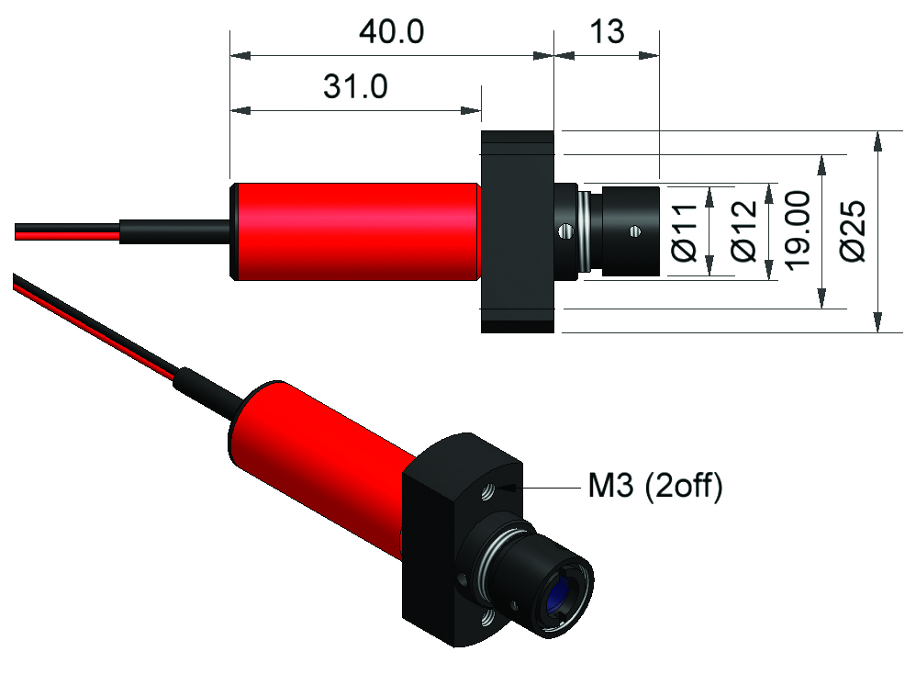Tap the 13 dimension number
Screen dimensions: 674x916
point(606,32)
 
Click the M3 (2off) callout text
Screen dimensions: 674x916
point(654,487)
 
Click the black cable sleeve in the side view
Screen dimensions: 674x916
point(174,230)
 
